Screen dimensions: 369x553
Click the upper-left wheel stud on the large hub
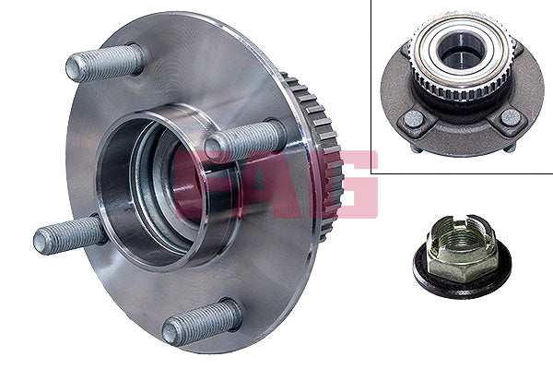[103, 64]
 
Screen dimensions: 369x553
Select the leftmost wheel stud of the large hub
[70, 235]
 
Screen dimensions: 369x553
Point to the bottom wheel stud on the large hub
[200, 323]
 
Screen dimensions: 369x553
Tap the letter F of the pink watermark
[195, 184]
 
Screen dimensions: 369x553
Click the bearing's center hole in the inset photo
[454, 56]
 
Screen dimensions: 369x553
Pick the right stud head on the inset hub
[508, 117]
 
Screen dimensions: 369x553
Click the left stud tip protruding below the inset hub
[417, 148]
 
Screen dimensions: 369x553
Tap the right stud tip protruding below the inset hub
[509, 146]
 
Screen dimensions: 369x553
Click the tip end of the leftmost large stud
[41, 243]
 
